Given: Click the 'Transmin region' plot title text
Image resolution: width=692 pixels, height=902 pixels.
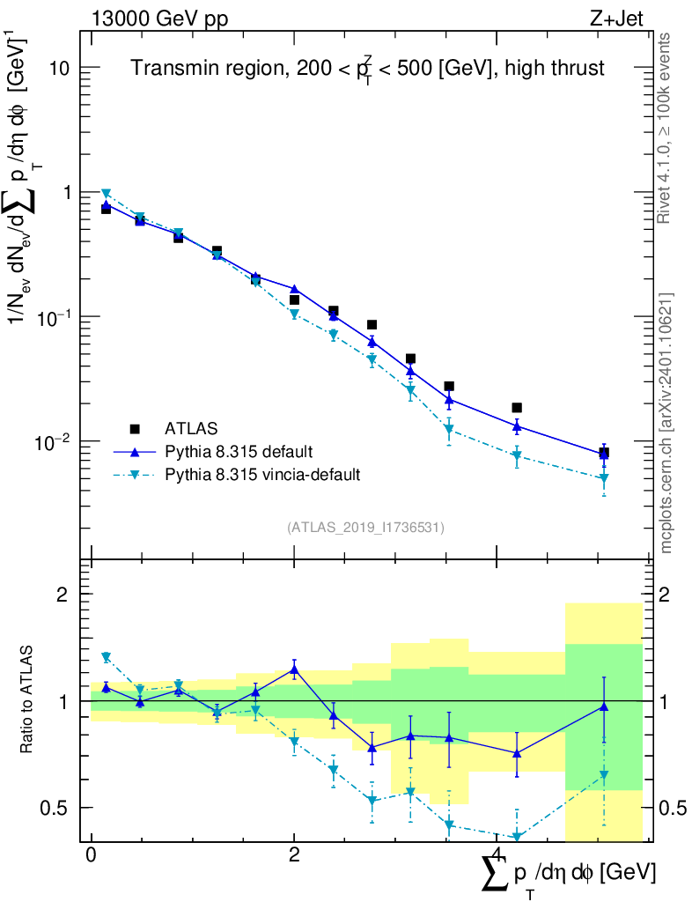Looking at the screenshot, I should click(x=368, y=69).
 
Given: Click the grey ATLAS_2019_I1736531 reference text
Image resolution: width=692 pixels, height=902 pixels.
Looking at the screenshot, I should click(x=365, y=528).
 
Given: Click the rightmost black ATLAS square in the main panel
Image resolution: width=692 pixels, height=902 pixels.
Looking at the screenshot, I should click(x=604, y=453).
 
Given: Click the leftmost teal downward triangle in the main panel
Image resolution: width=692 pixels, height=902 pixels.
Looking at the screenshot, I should click(x=106, y=194).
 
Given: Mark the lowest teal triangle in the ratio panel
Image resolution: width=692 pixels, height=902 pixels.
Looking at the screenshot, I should click(x=517, y=837).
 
